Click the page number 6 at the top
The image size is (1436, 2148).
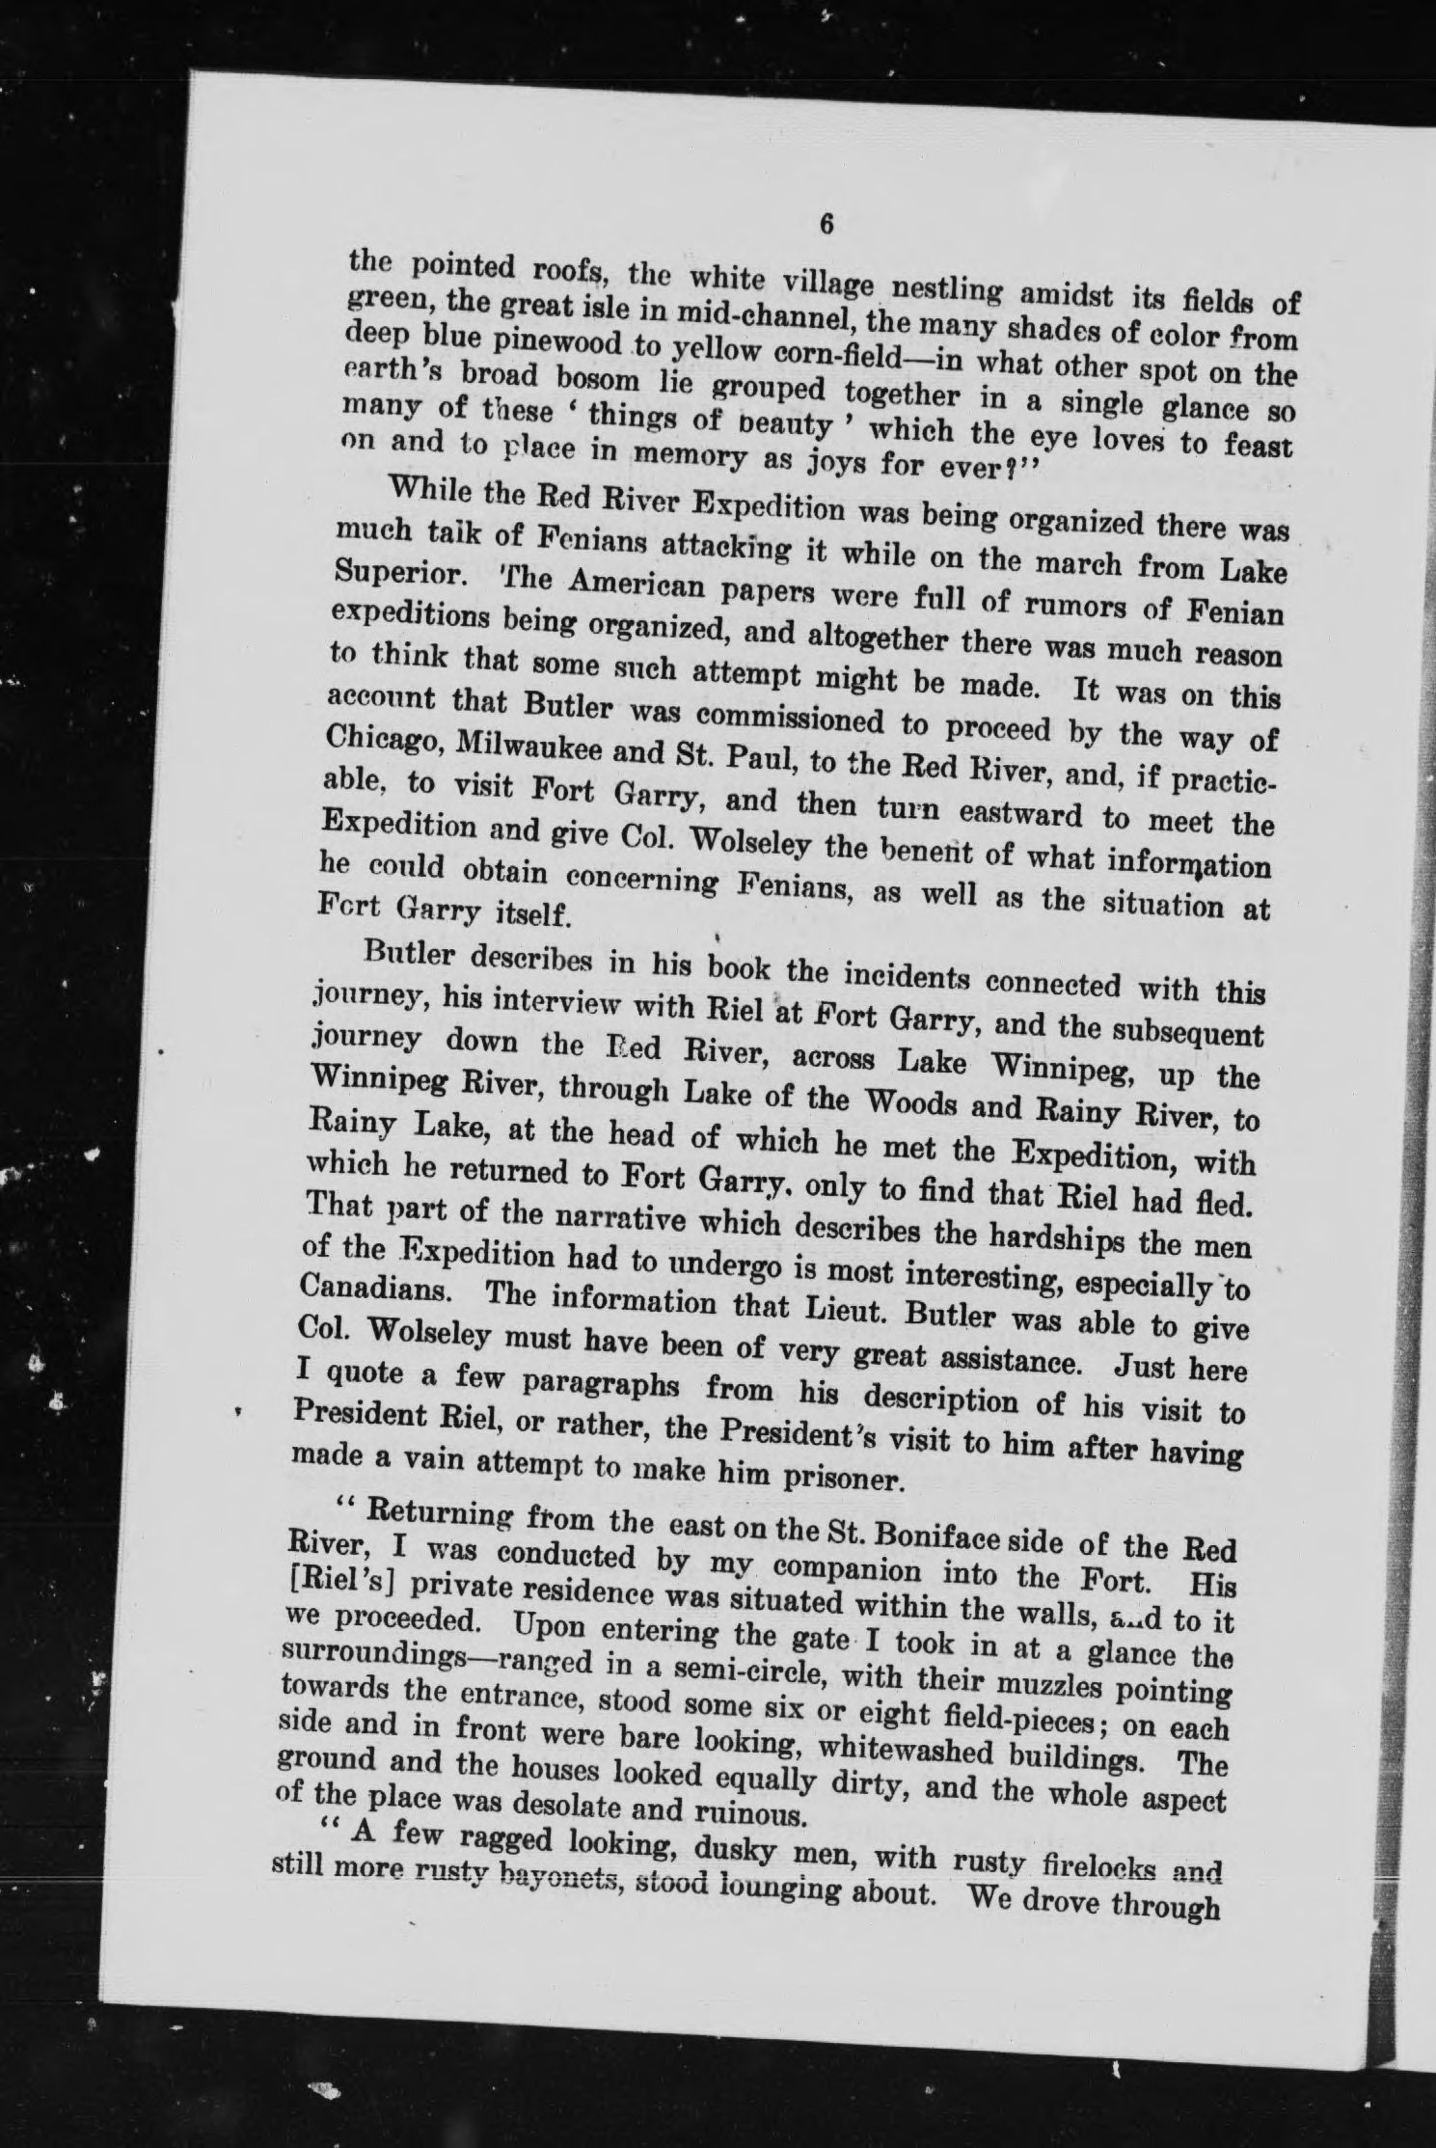point(826,223)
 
